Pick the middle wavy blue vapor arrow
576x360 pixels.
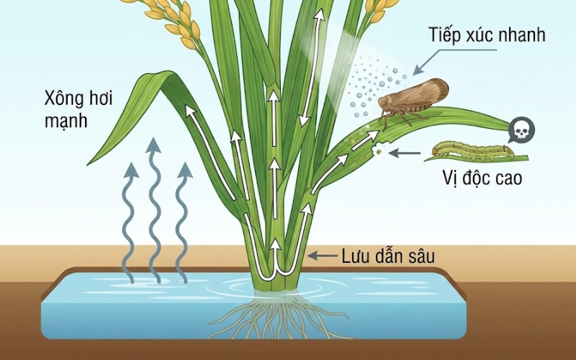click(153, 209)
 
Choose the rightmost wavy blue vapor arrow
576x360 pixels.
click(184, 220)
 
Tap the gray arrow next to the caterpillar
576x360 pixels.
click(408, 152)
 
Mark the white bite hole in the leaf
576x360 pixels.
click(378, 150)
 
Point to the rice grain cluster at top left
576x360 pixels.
click(173, 18)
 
